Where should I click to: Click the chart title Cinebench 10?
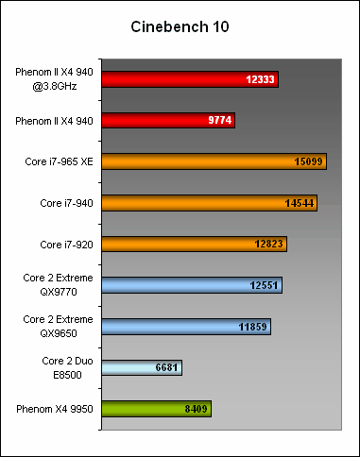(x=180, y=27)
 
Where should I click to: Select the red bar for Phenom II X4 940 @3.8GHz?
(x=189, y=79)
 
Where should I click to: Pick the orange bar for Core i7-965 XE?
(x=213, y=161)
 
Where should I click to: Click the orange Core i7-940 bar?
(x=209, y=203)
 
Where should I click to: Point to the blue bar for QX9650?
(x=185, y=327)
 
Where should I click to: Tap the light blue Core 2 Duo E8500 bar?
(x=141, y=367)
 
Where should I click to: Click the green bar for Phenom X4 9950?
(x=155, y=409)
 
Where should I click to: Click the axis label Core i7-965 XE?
(x=59, y=161)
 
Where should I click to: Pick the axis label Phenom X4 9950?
(x=53, y=409)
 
